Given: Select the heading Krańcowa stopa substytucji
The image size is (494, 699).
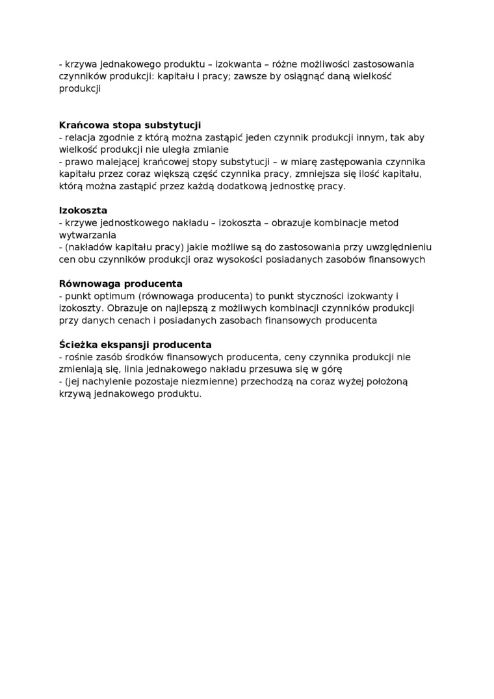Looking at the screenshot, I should tap(129, 125).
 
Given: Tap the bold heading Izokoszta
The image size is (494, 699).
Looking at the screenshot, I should tap(83, 211).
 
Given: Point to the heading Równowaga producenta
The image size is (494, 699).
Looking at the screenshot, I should tap(120, 284).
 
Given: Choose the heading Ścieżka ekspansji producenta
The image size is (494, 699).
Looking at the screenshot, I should tap(135, 345).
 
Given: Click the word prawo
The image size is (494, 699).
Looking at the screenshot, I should tap(78, 162).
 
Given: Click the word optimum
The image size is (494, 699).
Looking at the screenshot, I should tap(114, 296).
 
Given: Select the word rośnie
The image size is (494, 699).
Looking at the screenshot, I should tap(79, 357).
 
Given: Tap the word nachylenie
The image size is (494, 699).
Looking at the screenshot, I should tap(105, 382).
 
